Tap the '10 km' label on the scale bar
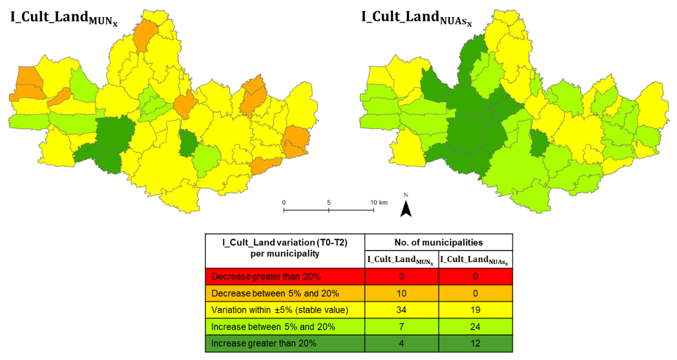[379, 203]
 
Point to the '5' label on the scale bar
[328, 203]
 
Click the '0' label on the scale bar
[284, 203]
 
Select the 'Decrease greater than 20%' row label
[266, 277]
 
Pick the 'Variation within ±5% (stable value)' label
[280, 310]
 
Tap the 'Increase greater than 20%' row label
[264, 343]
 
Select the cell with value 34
[401, 310]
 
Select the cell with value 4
[401, 343]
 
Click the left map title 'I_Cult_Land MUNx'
[64, 18]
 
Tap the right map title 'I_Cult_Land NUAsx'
[417, 18]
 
